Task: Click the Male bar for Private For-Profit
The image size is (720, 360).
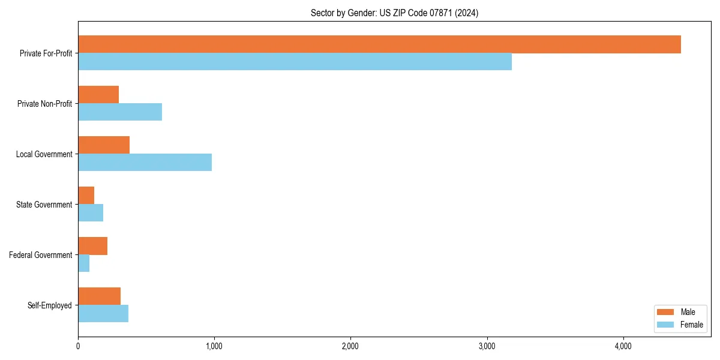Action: tap(379, 44)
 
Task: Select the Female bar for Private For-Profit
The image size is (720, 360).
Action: tap(295, 62)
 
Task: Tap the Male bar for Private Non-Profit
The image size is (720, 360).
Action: tap(98, 95)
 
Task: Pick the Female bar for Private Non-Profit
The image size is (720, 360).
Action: tap(120, 112)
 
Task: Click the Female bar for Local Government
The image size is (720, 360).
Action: tap(145, 163)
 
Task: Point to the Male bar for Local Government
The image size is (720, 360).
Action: tap(104, 145)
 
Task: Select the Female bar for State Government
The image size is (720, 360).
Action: tap(91, 213)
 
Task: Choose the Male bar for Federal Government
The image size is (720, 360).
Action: tap(92, 246)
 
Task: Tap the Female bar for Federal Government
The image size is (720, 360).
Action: tap(83, 263)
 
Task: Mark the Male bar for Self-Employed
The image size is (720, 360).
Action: tap(99, 296)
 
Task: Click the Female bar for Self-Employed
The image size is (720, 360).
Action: tap(103, 314)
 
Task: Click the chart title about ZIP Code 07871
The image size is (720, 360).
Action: tap(394, 13)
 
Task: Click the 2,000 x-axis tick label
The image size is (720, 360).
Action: tap(350, 346)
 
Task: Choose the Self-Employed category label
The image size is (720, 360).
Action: tap(49, 305)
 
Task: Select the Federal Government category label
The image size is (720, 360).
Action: tap(41, 255)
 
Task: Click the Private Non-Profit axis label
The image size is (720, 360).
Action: tap(44, 104)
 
